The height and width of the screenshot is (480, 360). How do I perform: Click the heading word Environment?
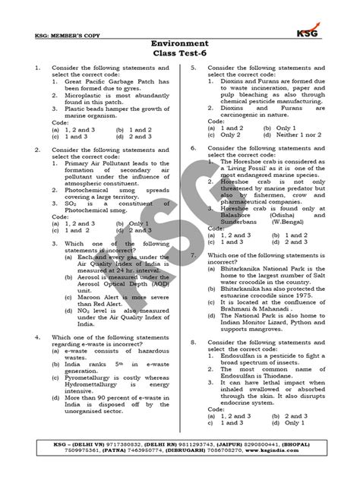point(179,44)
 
